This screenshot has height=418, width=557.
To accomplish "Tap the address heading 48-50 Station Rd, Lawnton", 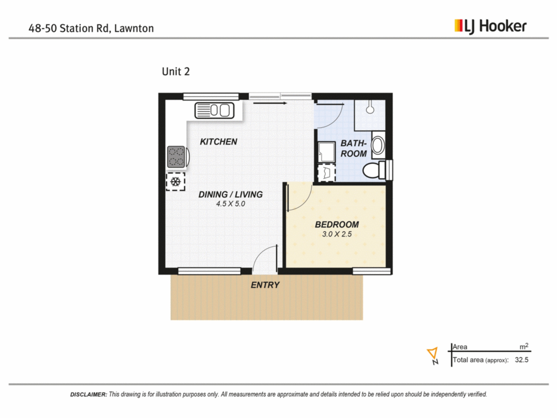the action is tap(91, 28).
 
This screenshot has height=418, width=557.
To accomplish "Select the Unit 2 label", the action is tap(176, 71).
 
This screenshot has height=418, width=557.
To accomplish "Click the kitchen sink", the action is tap(214, 110).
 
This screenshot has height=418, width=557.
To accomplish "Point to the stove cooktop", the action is tap(176, 157).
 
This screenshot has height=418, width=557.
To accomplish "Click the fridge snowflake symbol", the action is tap(175, 182).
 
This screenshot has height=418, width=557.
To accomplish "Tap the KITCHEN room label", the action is tap(218, 142).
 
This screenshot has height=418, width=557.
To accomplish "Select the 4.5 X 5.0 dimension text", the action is tap(231, 204).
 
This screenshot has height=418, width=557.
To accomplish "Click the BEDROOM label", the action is tap(337, 224).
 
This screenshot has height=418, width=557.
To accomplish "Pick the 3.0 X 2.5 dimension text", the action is tap(337, 234).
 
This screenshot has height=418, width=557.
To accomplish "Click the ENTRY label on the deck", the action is tap(265, 285).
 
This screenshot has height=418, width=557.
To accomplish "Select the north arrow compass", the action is tap(433, 356).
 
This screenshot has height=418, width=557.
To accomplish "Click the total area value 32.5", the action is tap(522, 360).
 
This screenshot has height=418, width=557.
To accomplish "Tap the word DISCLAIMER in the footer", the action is tap(88, 394).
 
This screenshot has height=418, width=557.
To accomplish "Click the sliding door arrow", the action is tap(270, 103).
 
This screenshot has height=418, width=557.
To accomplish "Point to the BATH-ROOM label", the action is tap(354, 148).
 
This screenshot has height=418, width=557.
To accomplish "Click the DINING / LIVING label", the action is tap(231, 194).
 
